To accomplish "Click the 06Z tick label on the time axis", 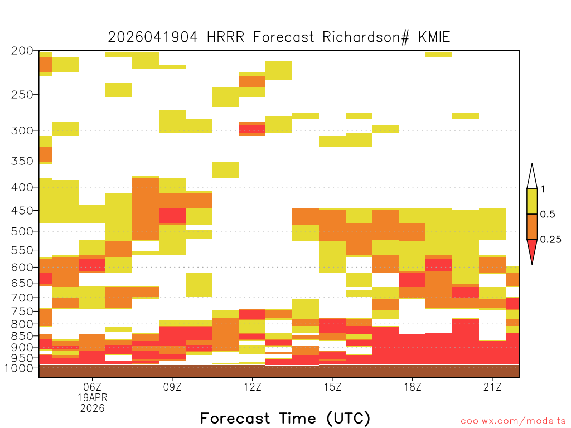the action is pos(92,387).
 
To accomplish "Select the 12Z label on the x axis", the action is pos(253,387).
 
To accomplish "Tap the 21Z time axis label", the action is pos(492,387).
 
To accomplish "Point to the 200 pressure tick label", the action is pos(22,51).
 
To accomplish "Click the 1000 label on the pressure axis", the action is pos(18,368).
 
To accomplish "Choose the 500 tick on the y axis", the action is pos(22,231).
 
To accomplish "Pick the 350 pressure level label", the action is pos(22,161).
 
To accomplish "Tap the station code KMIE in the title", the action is pos(434,37).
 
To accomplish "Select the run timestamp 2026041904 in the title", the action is pos(153,37).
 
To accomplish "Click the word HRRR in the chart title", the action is pos(225,37).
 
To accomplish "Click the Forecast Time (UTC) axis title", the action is pos(285,418).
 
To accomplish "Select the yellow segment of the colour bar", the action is pos(532,201).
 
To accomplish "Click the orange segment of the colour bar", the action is pos(532,226).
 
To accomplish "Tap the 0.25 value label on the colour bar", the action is pos(550,240).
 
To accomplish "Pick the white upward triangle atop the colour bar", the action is pos(532,177).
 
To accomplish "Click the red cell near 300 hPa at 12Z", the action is pos(253,129).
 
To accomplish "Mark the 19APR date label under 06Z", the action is pos(93,397).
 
